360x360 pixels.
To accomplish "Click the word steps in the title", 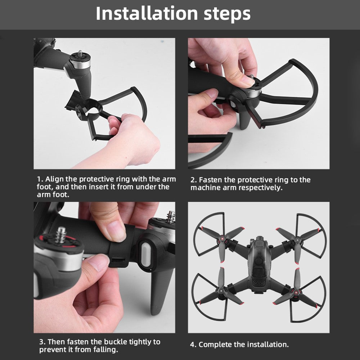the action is pyautogui.click(x=227, y=14).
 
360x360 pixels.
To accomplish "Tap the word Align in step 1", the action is pyautogui.click(x=54, y=179).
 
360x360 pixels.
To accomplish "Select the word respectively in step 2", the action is pyautogui.click(x=260, y=188).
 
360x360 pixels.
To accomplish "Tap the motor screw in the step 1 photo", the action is pyautogui.click(x=81, y=55).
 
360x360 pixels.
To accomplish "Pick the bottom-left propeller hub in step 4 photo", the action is pyautogui.click(x=222, y=292).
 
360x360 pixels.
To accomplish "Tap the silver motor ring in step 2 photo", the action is pyautogui.click(x=254, y=92).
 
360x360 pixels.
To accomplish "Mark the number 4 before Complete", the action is pyautogui.click(x=192, y=345).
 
